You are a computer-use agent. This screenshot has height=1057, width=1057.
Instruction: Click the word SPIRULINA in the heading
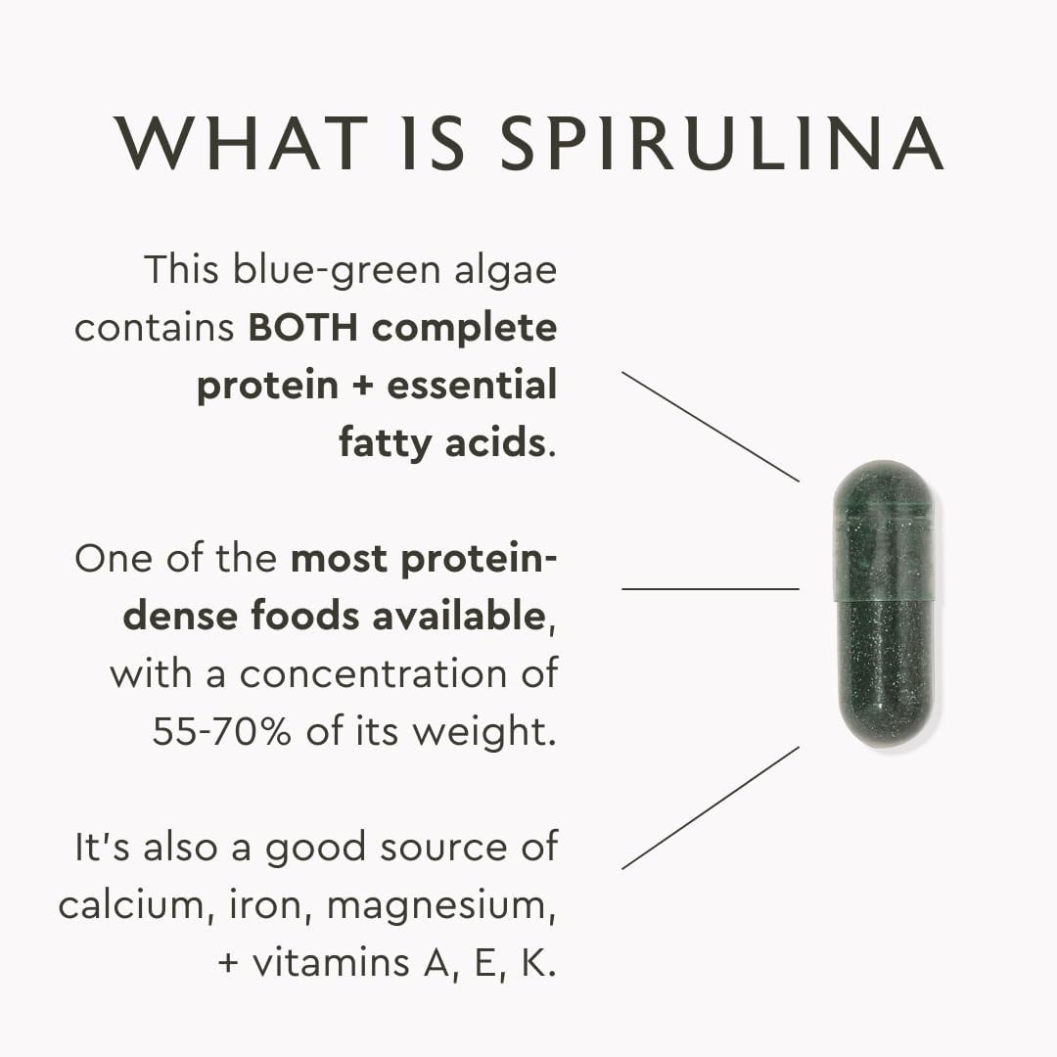tap(721, 144)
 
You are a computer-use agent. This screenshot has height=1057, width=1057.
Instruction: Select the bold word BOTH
tap(304, 328)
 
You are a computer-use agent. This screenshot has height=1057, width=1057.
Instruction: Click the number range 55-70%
tap(221, 731)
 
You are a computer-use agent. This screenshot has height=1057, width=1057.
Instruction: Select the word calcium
tap(126, 905)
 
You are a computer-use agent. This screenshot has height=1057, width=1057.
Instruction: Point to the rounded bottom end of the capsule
tap(887, 724)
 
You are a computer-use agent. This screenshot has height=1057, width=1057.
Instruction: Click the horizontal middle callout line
tap(710, 589)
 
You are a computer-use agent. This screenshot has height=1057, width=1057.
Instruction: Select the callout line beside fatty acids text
tap(710, 426)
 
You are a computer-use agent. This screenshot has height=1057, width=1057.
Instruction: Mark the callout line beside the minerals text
tap(710, 808)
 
